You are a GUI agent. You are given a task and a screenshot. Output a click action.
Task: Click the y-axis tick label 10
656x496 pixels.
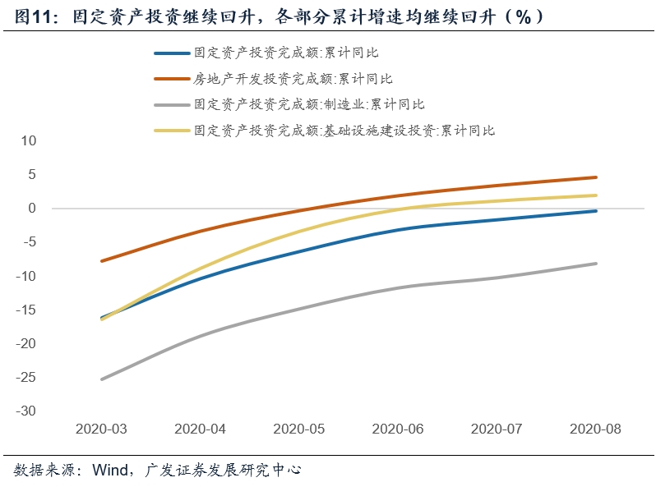30,140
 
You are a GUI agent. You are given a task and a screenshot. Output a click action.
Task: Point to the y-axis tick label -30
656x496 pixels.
27,411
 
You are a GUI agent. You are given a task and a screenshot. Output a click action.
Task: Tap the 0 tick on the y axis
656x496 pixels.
33,209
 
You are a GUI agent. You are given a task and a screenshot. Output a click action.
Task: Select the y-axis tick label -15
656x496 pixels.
27,310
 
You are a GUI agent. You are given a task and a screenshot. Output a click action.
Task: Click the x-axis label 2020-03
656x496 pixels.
101,429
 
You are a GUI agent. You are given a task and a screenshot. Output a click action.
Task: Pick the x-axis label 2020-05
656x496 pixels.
299,429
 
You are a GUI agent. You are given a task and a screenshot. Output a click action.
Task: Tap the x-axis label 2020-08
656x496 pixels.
596,429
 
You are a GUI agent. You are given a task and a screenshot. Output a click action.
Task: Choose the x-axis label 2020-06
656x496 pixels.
398,429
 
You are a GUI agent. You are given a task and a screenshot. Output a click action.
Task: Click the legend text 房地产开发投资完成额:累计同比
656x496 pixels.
293,79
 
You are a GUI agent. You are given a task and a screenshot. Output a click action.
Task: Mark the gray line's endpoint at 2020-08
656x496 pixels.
596,264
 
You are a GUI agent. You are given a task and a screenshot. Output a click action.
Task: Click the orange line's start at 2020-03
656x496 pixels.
101,261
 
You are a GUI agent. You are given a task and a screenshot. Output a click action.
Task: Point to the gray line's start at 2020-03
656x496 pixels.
101,379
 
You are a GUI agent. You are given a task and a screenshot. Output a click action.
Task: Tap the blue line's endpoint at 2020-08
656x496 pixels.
596,211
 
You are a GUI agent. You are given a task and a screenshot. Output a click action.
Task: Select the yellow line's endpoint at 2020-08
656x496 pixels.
596,195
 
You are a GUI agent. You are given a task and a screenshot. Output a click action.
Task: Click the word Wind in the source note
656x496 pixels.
111,471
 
